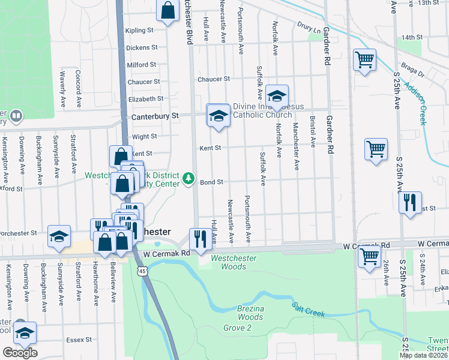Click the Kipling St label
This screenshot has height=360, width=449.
pos(139,30)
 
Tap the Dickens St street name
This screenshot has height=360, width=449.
pos(142,47)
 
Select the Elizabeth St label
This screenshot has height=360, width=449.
pos(146,98)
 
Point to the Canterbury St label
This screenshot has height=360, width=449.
pos(155,115)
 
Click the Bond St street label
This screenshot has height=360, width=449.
pos(211,182)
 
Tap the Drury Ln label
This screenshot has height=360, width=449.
pos(309,26)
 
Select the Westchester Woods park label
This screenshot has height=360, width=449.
pos(234,262)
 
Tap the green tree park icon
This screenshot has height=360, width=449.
pos(188,178)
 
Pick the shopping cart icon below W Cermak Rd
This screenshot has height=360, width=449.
pos(369,256)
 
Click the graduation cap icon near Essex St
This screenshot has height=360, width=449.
pos(25,333)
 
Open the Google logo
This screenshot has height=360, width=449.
pos(20,353)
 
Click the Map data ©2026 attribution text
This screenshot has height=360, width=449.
pos(424,355)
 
